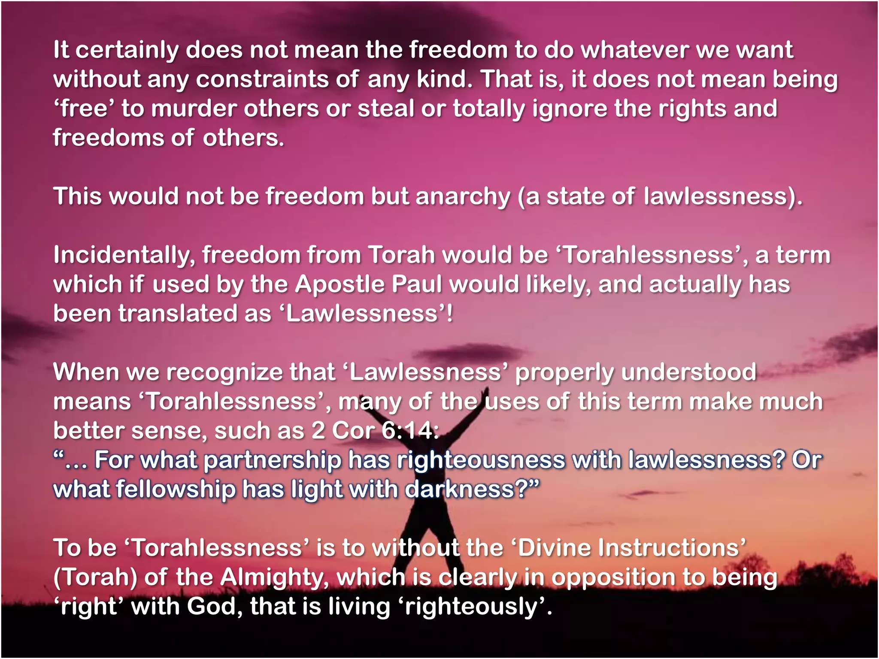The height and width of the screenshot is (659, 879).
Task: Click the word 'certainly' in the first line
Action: [127, 50]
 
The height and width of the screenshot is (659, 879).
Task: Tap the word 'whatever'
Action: [634, 50]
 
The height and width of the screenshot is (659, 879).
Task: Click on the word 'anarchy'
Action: [463, 197]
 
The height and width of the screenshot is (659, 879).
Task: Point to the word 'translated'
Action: [178, 314]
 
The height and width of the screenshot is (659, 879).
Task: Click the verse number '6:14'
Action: [409, 431]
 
